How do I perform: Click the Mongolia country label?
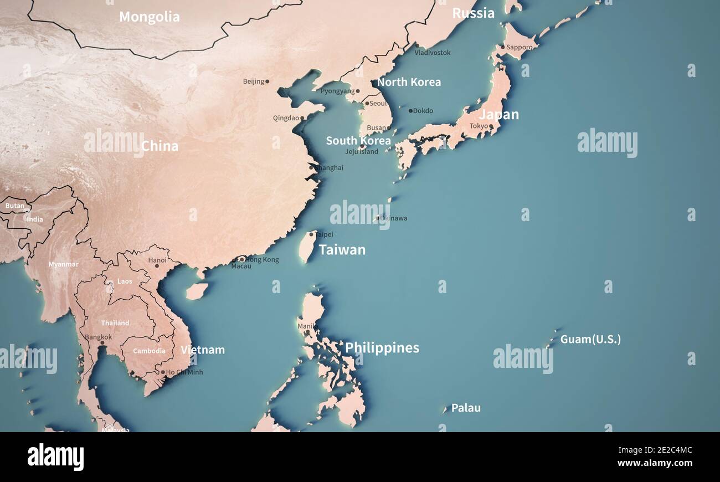(x=150, y=17)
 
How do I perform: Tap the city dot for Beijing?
(x=267, y=81)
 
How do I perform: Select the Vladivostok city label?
(x=433, y=53)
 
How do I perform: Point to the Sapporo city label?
(x=520, y=47)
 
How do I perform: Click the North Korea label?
(x=409, y=82)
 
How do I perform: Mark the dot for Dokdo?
(x=410, y=111)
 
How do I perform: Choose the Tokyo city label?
(x=479, y=126)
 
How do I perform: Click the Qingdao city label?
(x=286, y=118)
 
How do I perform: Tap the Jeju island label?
(x=362, y=151)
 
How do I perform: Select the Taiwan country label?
(x=342, y=250)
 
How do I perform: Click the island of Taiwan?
(x=307, y=247)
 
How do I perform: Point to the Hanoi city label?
(x=157, y=260)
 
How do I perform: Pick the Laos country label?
(x=125, y=281)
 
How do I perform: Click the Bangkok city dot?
(x=102, y=343)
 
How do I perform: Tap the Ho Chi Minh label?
(x=184, y=372)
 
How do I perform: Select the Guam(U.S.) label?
(x=590, y=339)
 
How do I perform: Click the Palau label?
(x=466, y=408)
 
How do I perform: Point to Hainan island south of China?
(x=196, y=291)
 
